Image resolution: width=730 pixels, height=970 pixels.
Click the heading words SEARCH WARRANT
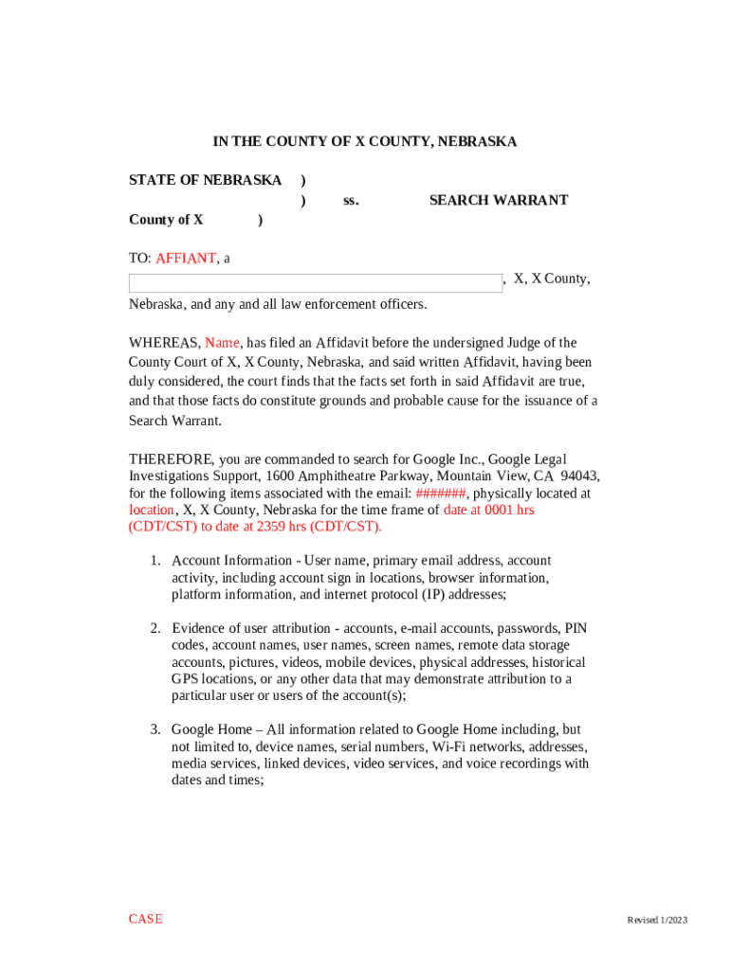pyautogui.click(x=499, y=200)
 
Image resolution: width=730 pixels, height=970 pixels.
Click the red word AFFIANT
pyautogui.click(x=186, y=258)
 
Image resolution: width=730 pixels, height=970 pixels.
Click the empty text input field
pyautogui.click(x=316, y=283)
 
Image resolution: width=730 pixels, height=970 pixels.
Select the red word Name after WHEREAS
pyautogui.click(x=222, y=343)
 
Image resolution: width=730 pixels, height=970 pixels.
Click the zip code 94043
pyautogui.click(x=579, y=476)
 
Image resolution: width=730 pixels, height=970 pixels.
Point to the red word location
pyautogui.click(x=152, y=510)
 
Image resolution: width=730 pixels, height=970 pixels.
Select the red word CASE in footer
pyautogui.click(x=146, y=919)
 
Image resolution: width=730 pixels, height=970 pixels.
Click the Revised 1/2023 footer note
pyautogui.click(x=656, y=921)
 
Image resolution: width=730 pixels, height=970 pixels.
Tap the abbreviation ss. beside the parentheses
pyautogui.click(x=351, y=200)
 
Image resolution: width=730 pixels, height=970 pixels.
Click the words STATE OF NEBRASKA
pyautogui.click(x=205, y=180)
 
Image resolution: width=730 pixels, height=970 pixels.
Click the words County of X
pyautogui.click(x=166, y=220)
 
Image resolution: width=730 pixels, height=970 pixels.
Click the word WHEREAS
pyautogui.click(x=164, y=343)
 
